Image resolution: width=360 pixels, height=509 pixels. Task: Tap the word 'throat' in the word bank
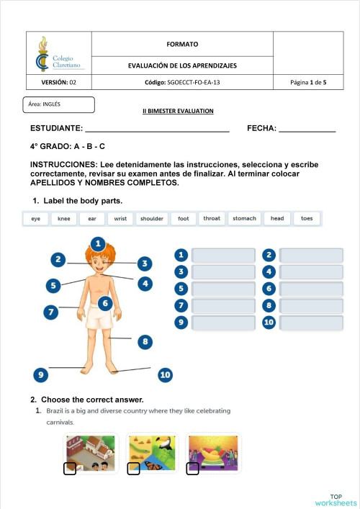pos(212,218)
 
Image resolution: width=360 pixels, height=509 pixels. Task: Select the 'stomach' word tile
pos(244,218)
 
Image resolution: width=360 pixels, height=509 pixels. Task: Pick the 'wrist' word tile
pos(120,218)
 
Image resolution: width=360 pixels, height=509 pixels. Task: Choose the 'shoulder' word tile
pos(151,218)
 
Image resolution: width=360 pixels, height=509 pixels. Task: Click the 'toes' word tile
pos(307,218)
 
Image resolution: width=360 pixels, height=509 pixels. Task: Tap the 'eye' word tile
pos(35,218)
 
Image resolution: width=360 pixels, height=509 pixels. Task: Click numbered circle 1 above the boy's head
pos(98,243)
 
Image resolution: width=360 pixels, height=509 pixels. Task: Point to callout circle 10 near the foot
pos(165,374)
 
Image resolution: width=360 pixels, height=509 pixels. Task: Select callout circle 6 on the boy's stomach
pos(105,304)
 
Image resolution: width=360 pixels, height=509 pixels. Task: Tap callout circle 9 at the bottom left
pos(42,374)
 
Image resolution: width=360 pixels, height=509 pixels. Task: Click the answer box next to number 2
pos(311,255)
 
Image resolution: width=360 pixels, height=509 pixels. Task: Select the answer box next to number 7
pos(224,306)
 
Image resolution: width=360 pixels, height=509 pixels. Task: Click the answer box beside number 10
pos(311,323)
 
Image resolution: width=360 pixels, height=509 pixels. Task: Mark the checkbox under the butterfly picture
pos(133,469)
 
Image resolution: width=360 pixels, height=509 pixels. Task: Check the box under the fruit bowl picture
pos(192,469)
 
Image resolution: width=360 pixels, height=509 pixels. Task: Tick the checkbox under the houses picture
pos(70,469)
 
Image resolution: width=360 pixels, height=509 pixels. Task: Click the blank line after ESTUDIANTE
pos(157,130)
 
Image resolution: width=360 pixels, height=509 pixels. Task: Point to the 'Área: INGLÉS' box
pos(59,105)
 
